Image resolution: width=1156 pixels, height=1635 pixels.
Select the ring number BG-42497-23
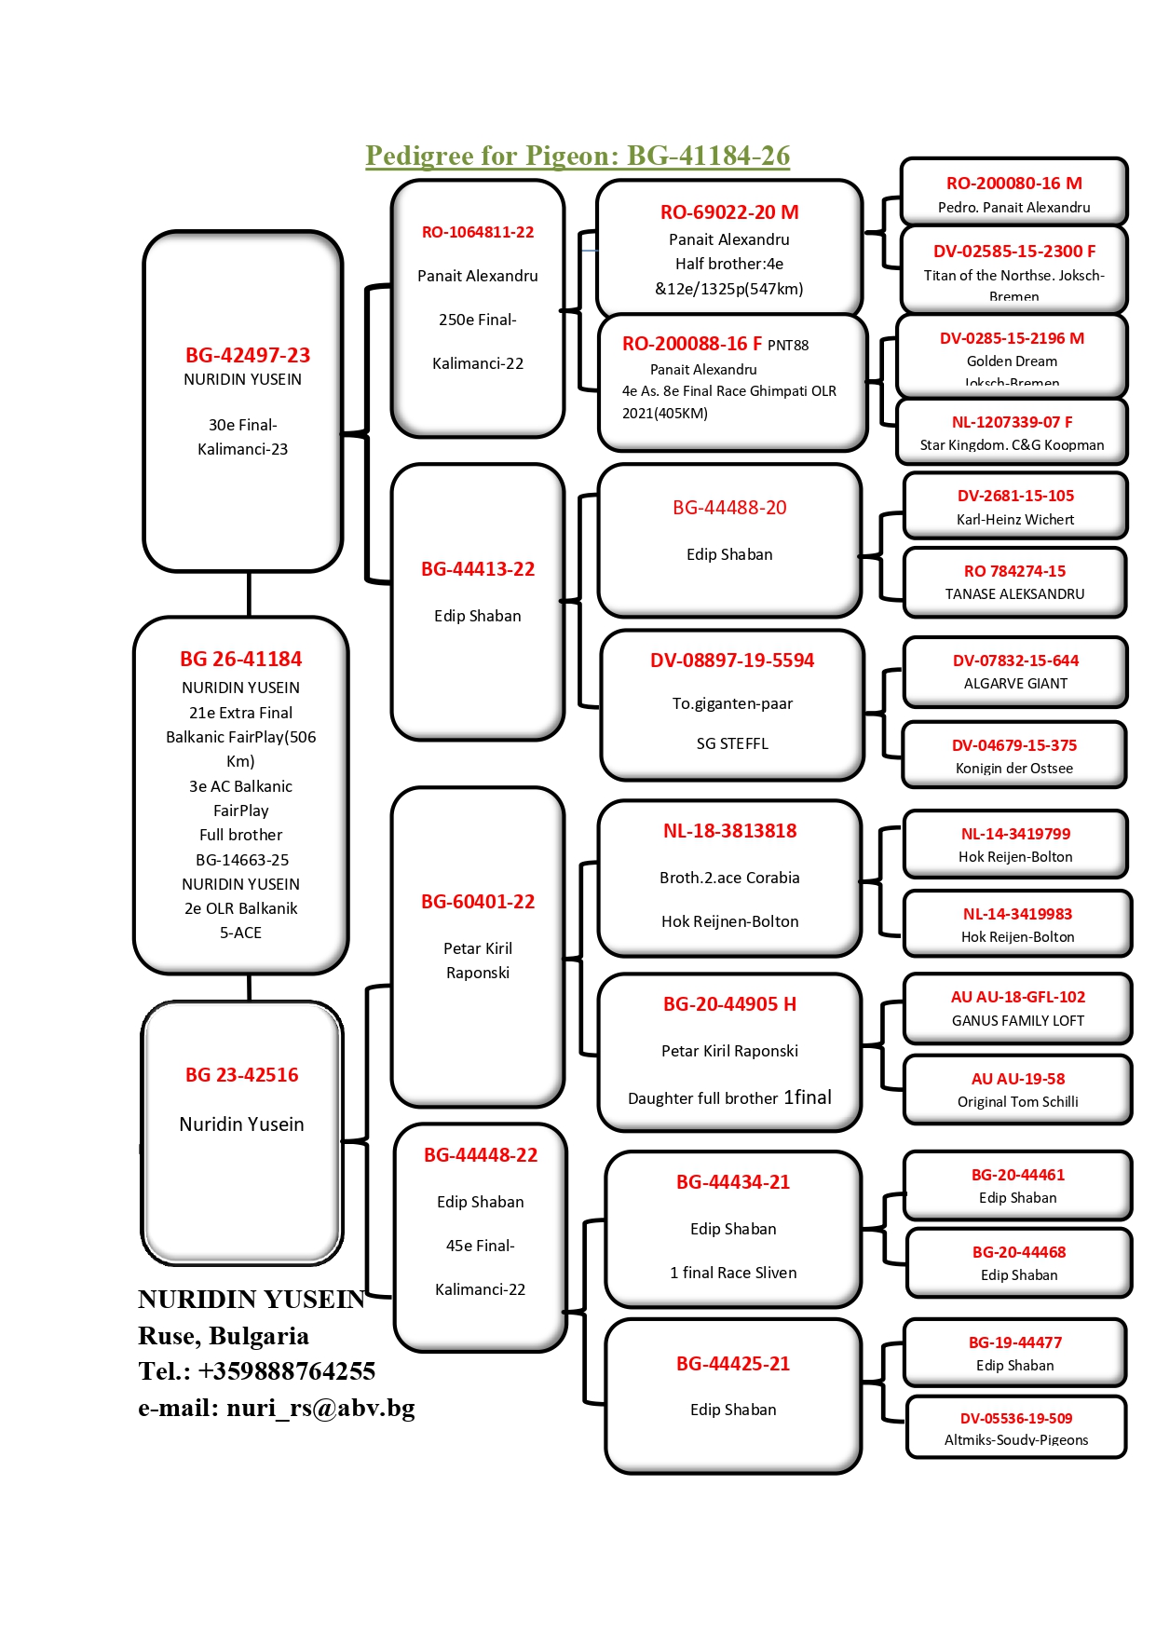[x=248, y=355]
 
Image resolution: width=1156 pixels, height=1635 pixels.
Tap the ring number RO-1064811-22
[x=478, y=232]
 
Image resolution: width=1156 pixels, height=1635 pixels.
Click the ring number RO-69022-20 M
[x=729, y=212]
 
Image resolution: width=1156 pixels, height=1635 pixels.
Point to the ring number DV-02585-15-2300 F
[x=1014, y=251]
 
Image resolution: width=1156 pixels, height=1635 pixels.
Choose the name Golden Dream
[x=1012, y=361]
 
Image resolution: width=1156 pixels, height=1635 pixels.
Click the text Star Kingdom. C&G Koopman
[x=1012, y=445]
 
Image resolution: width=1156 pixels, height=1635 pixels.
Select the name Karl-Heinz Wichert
[x=1015, y=520]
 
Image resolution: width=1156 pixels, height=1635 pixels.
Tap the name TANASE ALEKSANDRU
[x=1014, y=594]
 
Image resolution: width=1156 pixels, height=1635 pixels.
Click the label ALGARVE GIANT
[x=1015, y=684]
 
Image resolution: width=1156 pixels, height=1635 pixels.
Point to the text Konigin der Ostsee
[x=1014, y=769]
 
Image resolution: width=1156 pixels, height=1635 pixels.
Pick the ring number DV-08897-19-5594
[x=732, y=661]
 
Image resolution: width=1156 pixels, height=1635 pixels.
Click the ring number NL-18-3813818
[x=729, y=831]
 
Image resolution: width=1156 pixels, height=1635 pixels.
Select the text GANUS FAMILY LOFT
[x=1018, y=1021]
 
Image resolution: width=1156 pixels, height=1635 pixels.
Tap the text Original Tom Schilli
[x=1018, y=1102]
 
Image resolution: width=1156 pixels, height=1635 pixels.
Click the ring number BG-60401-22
[x=478, y=902]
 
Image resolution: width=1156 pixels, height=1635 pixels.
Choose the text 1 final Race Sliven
[x=733, y=1273]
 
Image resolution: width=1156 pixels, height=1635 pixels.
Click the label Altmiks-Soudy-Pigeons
[x=1016, y=1440]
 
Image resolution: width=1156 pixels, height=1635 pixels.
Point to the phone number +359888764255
[x=286, y=1371]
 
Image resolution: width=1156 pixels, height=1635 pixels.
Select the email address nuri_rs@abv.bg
[x=320, y=1408]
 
